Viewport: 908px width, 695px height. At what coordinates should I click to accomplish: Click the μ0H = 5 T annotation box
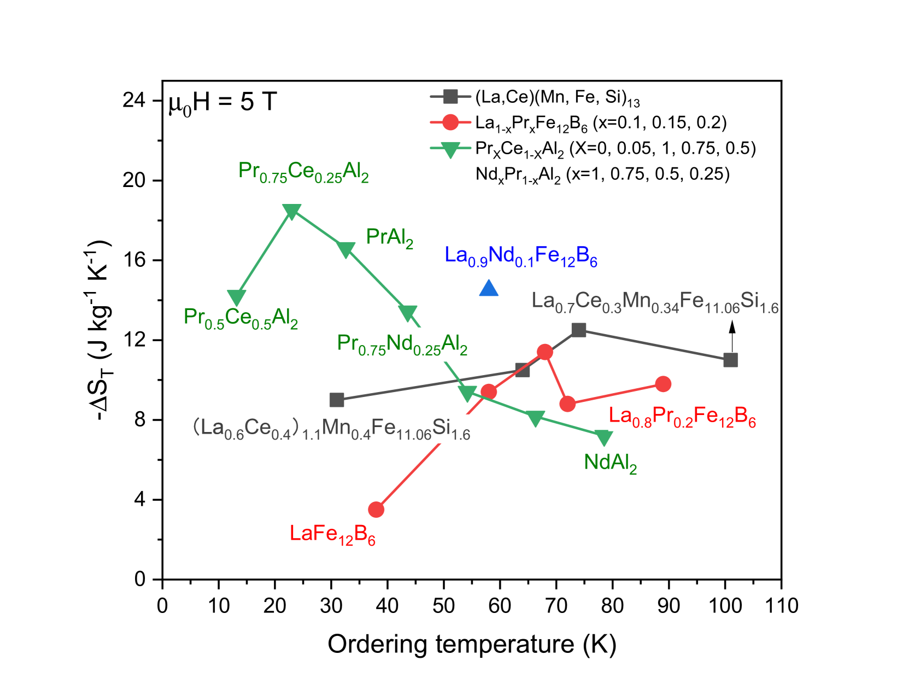pos(222,102)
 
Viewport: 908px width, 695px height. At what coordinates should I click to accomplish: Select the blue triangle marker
pos(489,289)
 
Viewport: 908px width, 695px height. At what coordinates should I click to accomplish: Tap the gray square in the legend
pos(450,97)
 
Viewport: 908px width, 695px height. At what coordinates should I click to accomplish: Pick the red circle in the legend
pos(450,122)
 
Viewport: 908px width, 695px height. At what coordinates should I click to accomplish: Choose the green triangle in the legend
pos(450,149)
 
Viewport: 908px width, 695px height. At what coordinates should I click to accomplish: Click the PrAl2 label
pos(390,238)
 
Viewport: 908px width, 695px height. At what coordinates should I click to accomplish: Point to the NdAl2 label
pos(610,463)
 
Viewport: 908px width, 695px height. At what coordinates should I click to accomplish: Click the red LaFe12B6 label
pos(332,534)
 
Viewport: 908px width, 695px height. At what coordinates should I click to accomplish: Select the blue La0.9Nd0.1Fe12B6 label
pos(521,256)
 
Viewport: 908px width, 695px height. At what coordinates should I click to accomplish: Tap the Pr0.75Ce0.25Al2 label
pos(303,172)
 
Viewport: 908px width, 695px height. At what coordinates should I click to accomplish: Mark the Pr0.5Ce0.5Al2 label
pos(241,318)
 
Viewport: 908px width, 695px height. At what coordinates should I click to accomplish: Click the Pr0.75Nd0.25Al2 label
pos(402,344)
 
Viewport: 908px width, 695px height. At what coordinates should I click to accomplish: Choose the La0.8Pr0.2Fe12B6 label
pos(682,417)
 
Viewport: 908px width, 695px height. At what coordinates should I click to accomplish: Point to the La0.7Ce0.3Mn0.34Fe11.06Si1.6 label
pos(655,302)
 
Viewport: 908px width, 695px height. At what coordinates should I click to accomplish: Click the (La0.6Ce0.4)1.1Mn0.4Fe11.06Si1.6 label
pos(331,428)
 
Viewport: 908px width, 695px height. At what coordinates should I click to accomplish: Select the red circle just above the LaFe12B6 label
pos(376,510)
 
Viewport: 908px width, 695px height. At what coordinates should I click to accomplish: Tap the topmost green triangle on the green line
pos(292,211)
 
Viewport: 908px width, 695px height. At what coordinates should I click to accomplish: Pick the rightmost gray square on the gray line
pos(730,360)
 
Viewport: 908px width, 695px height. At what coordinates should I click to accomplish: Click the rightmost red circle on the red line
pos(663,384)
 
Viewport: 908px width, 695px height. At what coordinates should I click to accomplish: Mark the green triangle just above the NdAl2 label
pos(604,437)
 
